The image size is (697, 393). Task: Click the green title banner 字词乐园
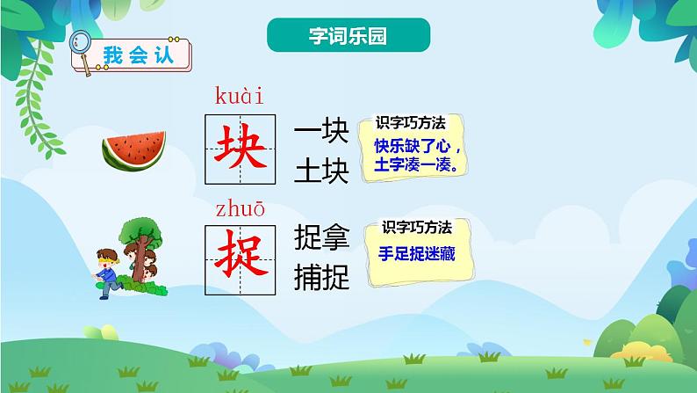click(348, 35)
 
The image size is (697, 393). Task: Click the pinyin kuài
click(239, 96)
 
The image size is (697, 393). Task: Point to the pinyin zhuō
click(239, 209)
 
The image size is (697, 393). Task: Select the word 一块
click(322, 132)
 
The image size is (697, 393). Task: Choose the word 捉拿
click(322, 237)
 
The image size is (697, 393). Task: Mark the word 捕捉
click(322, 277)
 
